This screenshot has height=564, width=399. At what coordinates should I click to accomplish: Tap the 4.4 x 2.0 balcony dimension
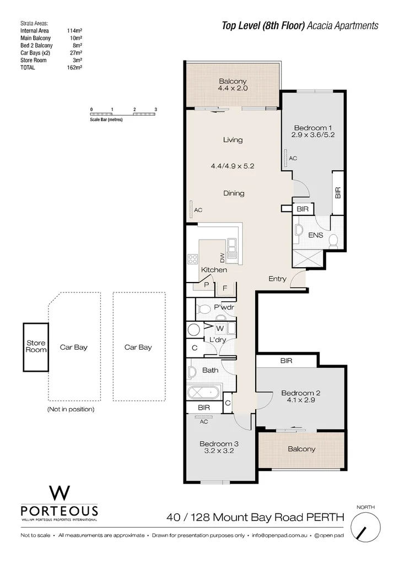click(x=233, y=88)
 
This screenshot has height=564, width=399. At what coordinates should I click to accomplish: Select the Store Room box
click(x=36, y=347)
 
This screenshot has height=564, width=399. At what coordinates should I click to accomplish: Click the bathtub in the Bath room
click(x=203, y=394)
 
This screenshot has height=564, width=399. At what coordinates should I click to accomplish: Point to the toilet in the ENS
click(x=333, y=240)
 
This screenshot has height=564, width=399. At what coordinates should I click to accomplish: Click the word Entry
click(x=277, y=279)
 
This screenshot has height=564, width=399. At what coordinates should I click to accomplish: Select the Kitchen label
click(x=214, y=270)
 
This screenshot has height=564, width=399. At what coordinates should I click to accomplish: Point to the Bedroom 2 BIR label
click(x=286, y=361)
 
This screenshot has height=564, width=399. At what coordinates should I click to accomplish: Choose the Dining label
click(x=234, y=193)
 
